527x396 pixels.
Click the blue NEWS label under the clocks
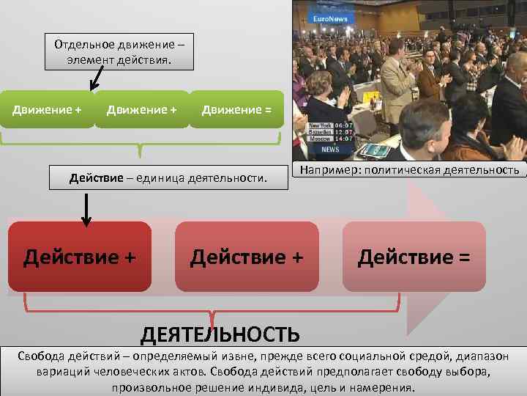[x=330, y=149]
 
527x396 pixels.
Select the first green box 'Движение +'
[x=48, y=109]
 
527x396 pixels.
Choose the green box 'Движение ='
[x=236, y=109]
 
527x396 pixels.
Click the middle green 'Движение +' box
[x=141, y=109]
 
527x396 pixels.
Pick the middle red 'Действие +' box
[x=247, y=257]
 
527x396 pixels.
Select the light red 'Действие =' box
[x=414, y=257]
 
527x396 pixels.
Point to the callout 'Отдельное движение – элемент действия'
[x=119, y=51]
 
